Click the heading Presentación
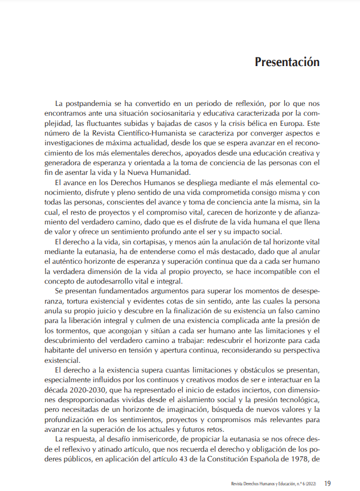pos(287,62)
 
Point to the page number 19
pos(328,483)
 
